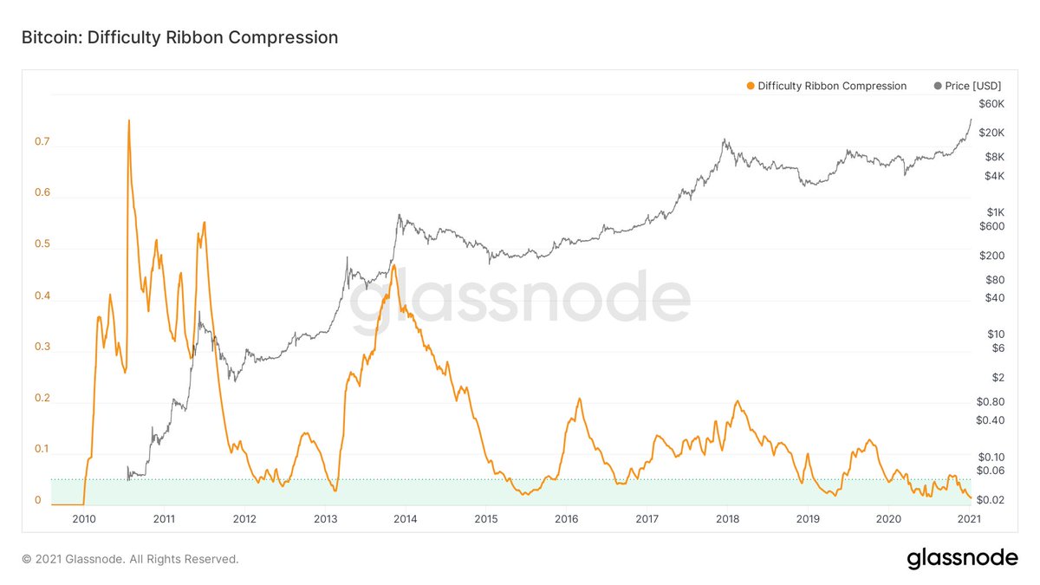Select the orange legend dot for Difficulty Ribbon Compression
tap(750, 86)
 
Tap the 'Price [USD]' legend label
tap(973, 86)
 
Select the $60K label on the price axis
tap(990, 104)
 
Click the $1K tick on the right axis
tap(993, 212)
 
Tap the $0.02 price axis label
tap(990, 500)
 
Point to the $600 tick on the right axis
tap(990, 227)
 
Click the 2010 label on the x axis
tap(84, 518)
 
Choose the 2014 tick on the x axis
tap(406, 518)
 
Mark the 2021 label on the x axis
tap(968, 518)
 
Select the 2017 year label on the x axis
tap(647, 518)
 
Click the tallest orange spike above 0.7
tap(129, 120)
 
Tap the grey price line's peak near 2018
tap(724, 139)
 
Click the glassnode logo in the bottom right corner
tap(962, 559)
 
